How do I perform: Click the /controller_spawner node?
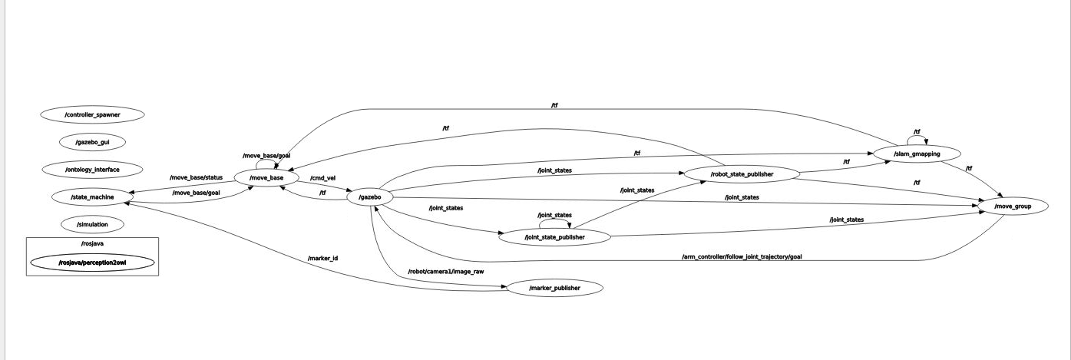92,114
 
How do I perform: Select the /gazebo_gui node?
92,142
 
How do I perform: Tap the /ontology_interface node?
92,169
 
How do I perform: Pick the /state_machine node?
92,197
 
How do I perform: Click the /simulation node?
92,225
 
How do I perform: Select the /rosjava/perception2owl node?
92,263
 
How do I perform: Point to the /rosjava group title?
92,244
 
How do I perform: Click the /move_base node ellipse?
266,178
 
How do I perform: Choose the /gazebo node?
370,197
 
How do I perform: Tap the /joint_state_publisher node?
554,237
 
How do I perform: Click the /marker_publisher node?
554,288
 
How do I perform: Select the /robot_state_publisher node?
742,174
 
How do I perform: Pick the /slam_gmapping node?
917,154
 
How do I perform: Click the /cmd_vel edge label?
322,178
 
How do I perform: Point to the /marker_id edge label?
322,258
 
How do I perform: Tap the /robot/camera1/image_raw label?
446,272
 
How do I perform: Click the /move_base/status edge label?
196,178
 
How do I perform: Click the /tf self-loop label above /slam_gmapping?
917,131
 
